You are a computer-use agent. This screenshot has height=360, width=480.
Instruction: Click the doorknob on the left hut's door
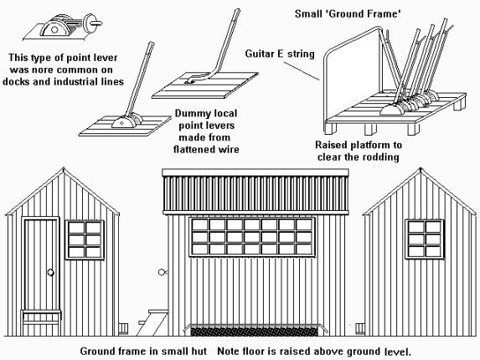51,272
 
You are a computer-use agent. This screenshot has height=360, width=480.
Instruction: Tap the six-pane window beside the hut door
85,239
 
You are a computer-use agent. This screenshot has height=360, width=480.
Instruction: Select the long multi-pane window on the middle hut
252,237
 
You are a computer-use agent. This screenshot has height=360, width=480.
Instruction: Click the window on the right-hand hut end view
425,239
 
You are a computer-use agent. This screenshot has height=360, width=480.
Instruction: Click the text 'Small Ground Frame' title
348,13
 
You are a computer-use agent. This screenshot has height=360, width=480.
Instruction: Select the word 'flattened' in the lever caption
192,149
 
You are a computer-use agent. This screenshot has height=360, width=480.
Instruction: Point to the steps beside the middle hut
152,322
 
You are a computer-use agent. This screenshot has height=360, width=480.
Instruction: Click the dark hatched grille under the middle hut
254,332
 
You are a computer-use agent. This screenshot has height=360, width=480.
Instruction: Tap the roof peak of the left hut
64,168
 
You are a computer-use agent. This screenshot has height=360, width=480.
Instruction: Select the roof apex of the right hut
420,168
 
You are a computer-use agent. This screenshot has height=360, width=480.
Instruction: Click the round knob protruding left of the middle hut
162,272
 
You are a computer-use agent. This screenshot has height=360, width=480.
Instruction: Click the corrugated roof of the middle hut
255,193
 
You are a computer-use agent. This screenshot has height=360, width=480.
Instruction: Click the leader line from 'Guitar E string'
302,71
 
